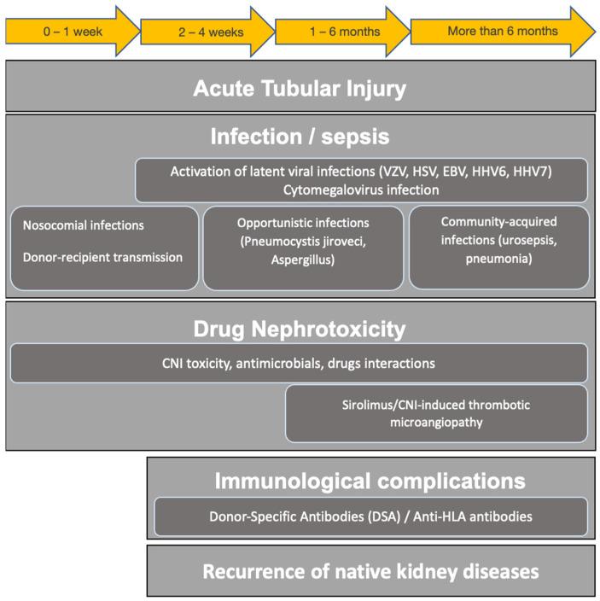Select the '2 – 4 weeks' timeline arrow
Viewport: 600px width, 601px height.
209,32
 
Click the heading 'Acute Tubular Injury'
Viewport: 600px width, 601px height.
300,88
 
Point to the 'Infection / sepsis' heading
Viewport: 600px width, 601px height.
300,137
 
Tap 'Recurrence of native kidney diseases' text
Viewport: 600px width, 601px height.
370,570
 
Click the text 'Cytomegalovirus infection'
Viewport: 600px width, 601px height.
361,190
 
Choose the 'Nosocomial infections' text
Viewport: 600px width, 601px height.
83,225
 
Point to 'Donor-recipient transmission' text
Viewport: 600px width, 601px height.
102,257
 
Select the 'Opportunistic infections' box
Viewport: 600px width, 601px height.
303,248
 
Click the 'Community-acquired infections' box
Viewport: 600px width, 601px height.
498,247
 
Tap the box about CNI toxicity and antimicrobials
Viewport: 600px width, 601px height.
299,364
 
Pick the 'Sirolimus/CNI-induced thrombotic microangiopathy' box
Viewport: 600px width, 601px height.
436,413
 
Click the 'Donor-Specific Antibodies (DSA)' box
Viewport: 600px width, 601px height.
370,516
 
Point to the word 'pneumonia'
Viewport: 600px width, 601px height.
499,255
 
